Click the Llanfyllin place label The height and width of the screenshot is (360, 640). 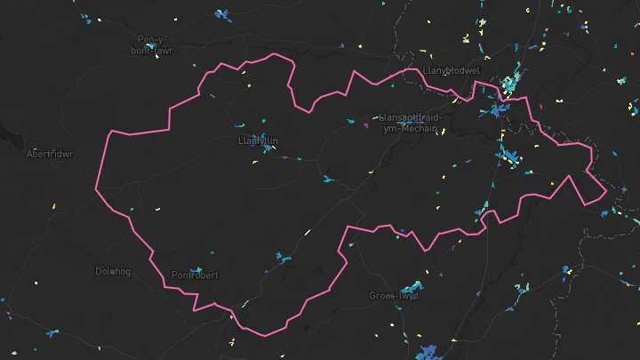pos(259,140)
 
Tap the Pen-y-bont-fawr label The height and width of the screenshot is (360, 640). pos(156,44)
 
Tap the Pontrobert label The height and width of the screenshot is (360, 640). pos(194,275)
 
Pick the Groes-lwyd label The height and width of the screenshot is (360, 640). pos(393,295)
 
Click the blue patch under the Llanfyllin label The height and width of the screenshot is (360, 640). pos(265,149)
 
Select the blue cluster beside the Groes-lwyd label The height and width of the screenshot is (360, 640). pos(411,289)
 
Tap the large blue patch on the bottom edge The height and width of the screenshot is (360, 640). pos(430,352)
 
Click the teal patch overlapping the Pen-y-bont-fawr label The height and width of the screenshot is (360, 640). pos(160,50)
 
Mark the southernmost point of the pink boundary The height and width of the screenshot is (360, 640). pos(264,335)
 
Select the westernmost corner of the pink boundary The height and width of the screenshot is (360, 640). pos(95,187)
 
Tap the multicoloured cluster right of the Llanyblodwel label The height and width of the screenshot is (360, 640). pos(510,84)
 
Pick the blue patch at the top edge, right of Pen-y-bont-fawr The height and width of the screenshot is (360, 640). pos(221,14)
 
